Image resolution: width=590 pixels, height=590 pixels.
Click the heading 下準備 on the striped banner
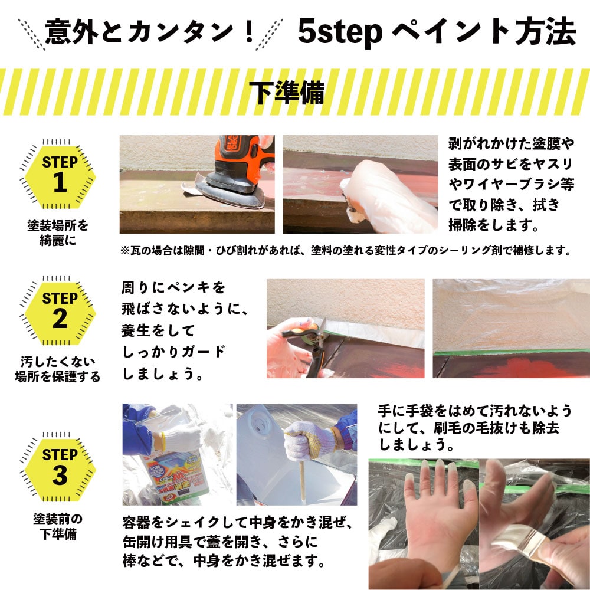287,93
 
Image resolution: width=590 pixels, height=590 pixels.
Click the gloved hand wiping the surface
388,196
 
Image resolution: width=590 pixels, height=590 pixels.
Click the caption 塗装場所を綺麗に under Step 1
58,233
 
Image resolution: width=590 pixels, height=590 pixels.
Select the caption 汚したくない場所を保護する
58,369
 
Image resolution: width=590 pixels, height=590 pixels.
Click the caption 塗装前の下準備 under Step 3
58,526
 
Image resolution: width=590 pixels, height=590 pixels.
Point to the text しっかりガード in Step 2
173,352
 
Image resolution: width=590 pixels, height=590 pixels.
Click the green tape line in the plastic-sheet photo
512,352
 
